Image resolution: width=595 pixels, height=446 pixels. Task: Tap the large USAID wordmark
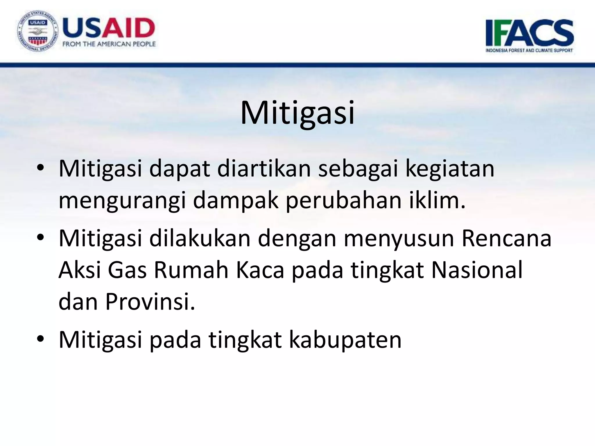coord(109,28)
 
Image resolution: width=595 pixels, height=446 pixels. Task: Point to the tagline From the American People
coord(109,44)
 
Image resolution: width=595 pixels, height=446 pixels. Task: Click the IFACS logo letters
coord(529,33)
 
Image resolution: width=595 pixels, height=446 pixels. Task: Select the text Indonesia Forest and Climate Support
coord(529,50)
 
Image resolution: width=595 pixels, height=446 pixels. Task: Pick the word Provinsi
coord(150,301)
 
